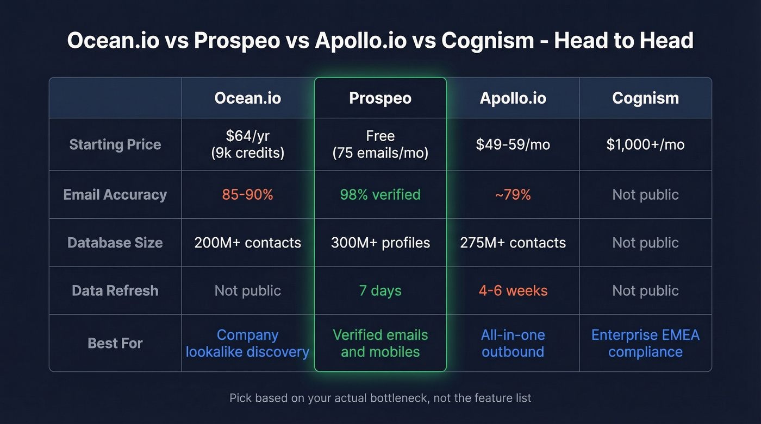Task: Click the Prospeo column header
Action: click(x=380, y=98)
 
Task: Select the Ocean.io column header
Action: click(x=247, y=98)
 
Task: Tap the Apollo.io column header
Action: click(x=513, y=98)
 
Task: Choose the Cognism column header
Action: click(x=645, y=98)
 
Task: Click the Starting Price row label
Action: click(x=115, y=144)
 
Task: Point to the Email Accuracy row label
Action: click(x=115, y=195)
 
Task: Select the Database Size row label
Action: click(x=115, y=243)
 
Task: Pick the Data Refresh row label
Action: click(x=115, y=290)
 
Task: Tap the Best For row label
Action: click(x=115, y=343)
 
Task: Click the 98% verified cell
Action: click(x=380, y=195)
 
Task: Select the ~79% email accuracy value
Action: click(x=513, y=195)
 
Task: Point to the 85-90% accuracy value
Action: click(x=247, y=195)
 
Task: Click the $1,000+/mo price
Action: click(x=645, y=144)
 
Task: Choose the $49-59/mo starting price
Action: click(x=513, y=144)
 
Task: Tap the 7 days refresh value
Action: click(x=380, y=290)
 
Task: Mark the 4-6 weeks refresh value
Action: click(x=513, y=290)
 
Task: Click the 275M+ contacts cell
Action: click(x=513, y=243)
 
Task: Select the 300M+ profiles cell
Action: click(x=380, y=243)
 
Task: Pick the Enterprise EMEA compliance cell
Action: click(x=645, y=343)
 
